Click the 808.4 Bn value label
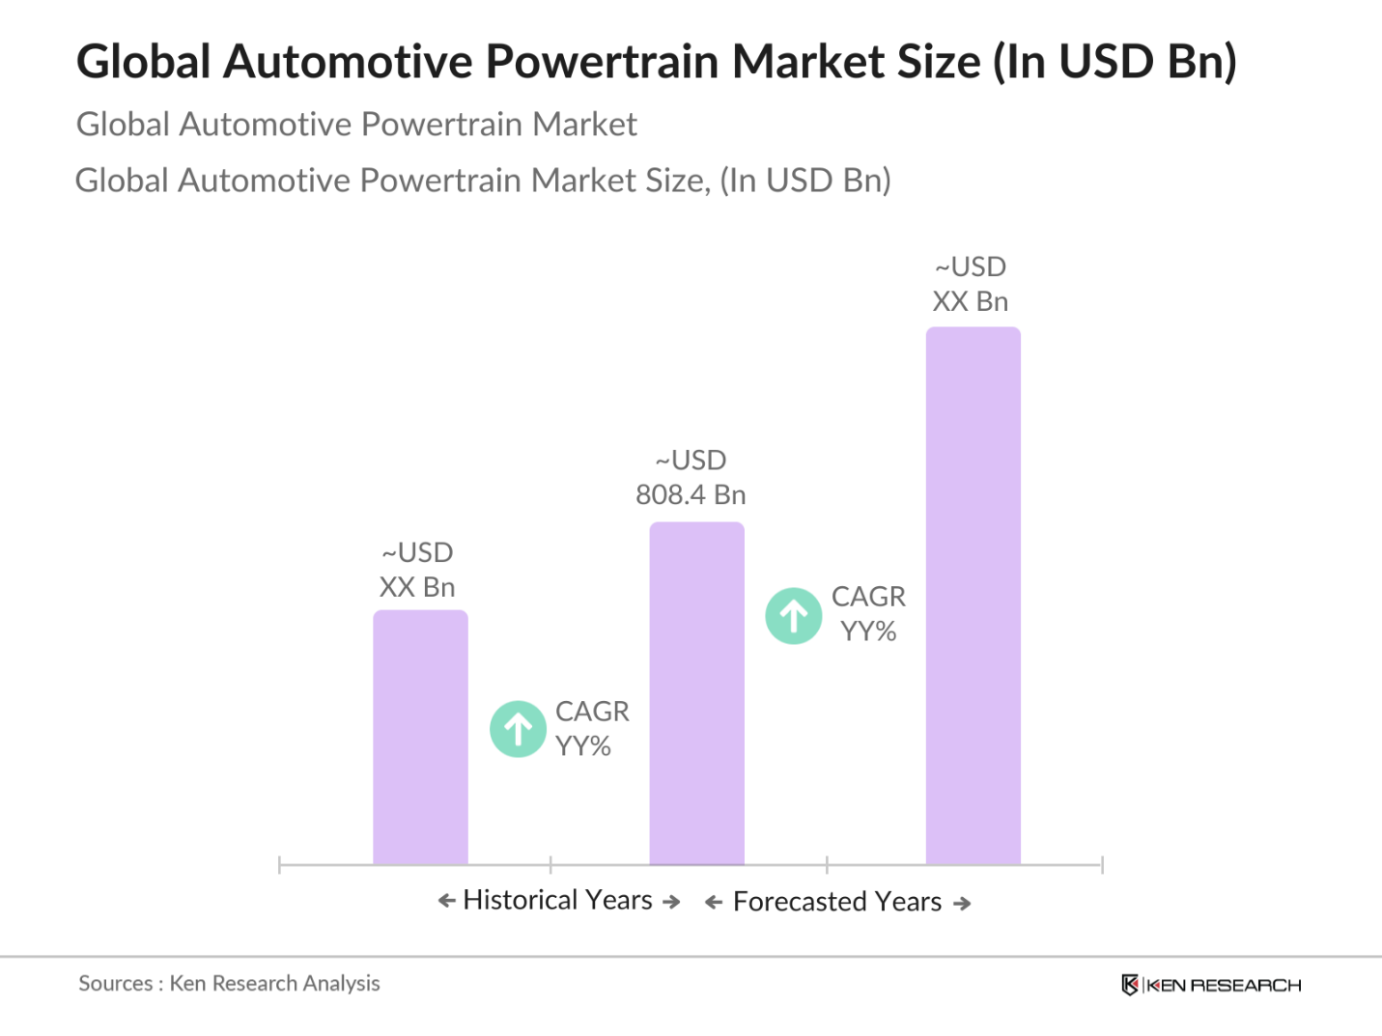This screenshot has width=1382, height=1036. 691,494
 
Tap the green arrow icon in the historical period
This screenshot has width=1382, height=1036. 519,729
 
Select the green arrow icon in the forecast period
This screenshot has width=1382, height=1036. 794,616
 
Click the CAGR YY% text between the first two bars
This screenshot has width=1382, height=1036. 591,728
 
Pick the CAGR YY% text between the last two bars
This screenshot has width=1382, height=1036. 868,614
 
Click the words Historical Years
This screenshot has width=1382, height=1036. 558,900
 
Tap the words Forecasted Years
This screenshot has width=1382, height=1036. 837,902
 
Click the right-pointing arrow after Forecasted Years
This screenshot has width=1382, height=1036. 962,904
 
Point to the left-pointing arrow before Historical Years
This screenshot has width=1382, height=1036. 446,901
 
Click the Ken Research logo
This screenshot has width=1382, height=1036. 1211,985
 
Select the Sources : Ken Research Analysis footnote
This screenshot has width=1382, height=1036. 229,984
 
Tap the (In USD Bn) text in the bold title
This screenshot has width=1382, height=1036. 1115,62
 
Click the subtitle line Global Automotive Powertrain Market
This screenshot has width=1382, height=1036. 356,125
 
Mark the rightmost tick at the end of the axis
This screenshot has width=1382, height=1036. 1102,864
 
